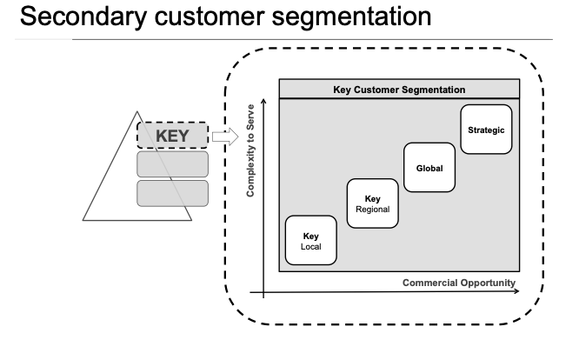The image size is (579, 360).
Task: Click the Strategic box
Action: [485, 130]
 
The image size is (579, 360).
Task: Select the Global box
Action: [429, 167]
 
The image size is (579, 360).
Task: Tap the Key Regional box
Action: [372, 203]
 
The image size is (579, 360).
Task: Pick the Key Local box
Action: [310, 240]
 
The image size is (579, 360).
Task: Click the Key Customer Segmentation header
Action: [399, 90]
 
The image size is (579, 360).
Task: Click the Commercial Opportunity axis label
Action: [459, 283]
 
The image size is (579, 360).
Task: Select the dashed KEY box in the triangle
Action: [172, 136]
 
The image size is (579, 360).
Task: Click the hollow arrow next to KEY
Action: [224, 136]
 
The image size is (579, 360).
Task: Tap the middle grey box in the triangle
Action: [172, 164]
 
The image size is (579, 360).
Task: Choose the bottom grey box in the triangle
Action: [172, 193]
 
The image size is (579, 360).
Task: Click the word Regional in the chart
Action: [372, 210]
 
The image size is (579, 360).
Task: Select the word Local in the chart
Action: [310, 247]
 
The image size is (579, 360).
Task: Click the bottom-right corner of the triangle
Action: [192, 221]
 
